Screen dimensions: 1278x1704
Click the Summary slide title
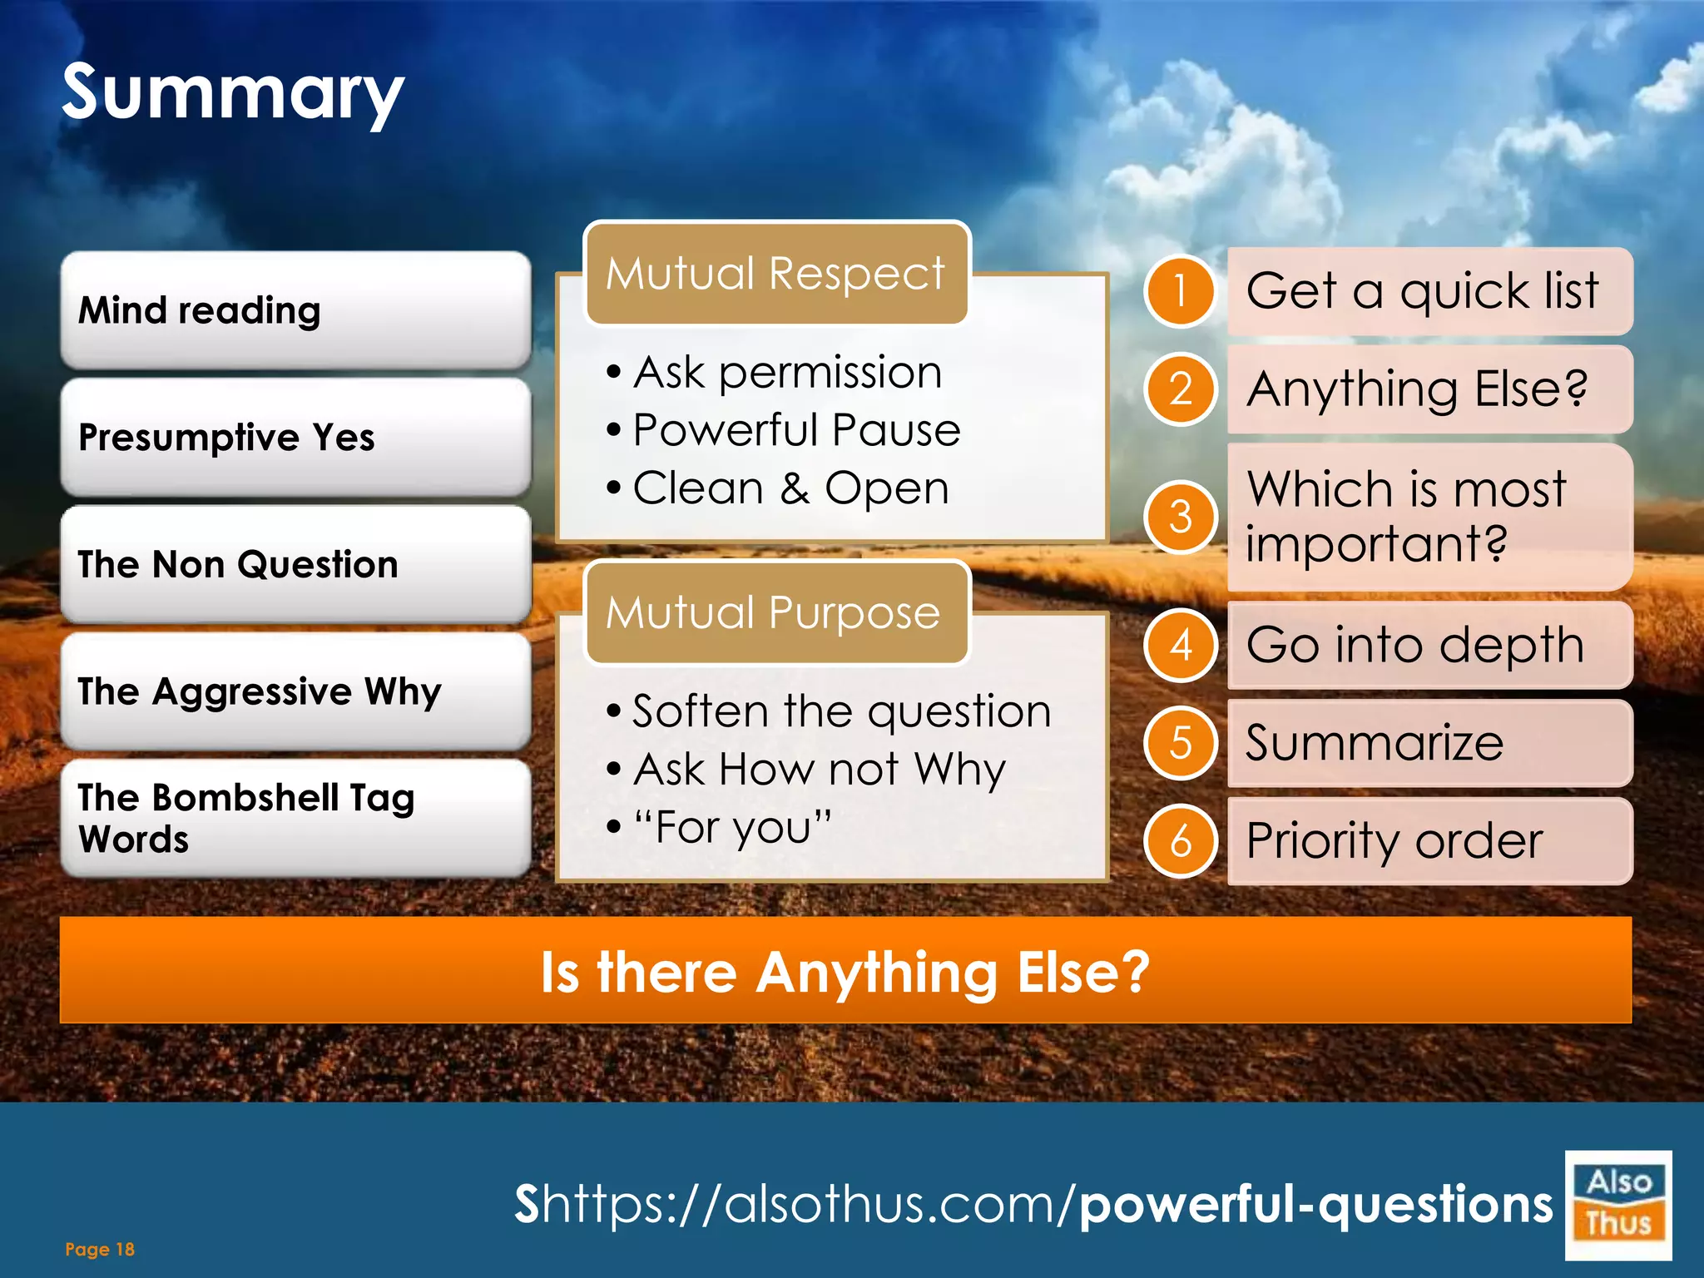[x=233, y=93]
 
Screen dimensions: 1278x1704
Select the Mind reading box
[x=295, y=310]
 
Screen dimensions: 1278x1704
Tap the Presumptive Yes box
[x=295, y=437]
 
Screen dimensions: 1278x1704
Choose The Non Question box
[x=295, y=564]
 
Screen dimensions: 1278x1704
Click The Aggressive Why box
[x=295, y=691]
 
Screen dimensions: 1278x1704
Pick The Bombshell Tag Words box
[x=295, y=818]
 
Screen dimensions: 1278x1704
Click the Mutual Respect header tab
[x=776, y=274]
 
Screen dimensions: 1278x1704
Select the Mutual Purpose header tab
[x=776, y=612]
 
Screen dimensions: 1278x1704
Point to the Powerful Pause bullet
[x=796, y=430]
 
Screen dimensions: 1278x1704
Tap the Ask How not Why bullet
[x=819, y=769]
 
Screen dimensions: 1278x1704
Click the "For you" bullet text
[x=732, y=827]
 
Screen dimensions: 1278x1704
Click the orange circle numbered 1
[x=1180, y=291]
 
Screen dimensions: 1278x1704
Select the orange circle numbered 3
[x=1180, y=517]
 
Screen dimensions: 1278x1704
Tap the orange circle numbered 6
[x=1180, y=841]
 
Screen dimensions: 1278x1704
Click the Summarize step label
[x=1375, y=742]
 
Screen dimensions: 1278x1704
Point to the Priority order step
[x=1394, y=840]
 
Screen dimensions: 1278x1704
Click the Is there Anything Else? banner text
[x=845, y=971]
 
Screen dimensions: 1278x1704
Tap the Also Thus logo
[x=1617, y=1204]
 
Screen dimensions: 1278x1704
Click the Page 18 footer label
[x=100, y=1249]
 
